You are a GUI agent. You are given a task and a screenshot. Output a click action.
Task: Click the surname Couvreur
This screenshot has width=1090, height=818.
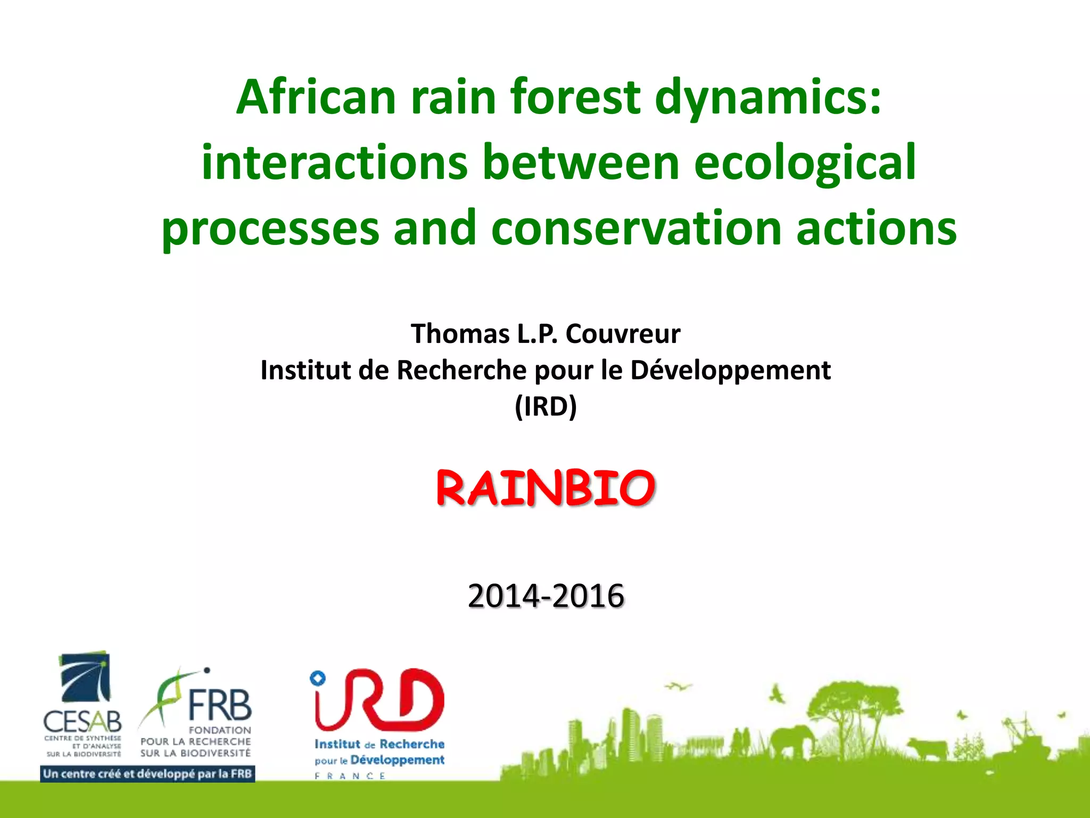(623, 334)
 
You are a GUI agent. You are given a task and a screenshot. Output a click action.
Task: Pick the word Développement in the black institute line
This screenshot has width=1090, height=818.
(730, 370)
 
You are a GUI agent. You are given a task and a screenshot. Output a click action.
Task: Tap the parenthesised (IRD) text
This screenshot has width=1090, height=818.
(546, 406)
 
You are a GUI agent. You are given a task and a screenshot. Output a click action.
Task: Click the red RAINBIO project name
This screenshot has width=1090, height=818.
(546, 488)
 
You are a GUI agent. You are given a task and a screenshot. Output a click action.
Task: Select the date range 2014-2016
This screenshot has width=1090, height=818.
(546, 595)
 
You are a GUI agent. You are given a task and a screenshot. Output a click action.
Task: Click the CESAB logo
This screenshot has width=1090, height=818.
(84, 703)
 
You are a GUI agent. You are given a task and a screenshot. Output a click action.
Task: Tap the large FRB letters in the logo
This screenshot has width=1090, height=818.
(219, 705)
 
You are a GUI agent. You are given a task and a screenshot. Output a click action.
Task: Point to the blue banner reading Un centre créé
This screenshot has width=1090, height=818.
(147, 774)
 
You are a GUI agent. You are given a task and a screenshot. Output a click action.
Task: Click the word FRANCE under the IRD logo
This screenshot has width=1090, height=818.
(350, 776)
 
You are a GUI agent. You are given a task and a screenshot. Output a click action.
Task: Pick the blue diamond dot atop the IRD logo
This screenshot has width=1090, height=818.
(318, 678)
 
